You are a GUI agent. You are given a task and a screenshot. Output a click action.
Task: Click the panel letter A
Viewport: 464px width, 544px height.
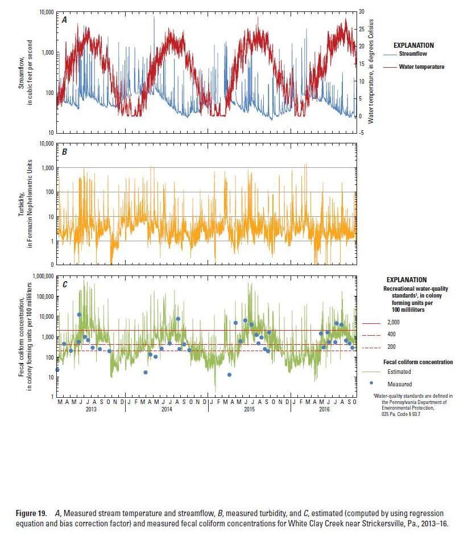coord(65,20)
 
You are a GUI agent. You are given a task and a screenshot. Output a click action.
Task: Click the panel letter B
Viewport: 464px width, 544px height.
coord(65,153)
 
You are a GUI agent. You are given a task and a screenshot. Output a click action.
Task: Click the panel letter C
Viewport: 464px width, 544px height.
coord(65,284)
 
